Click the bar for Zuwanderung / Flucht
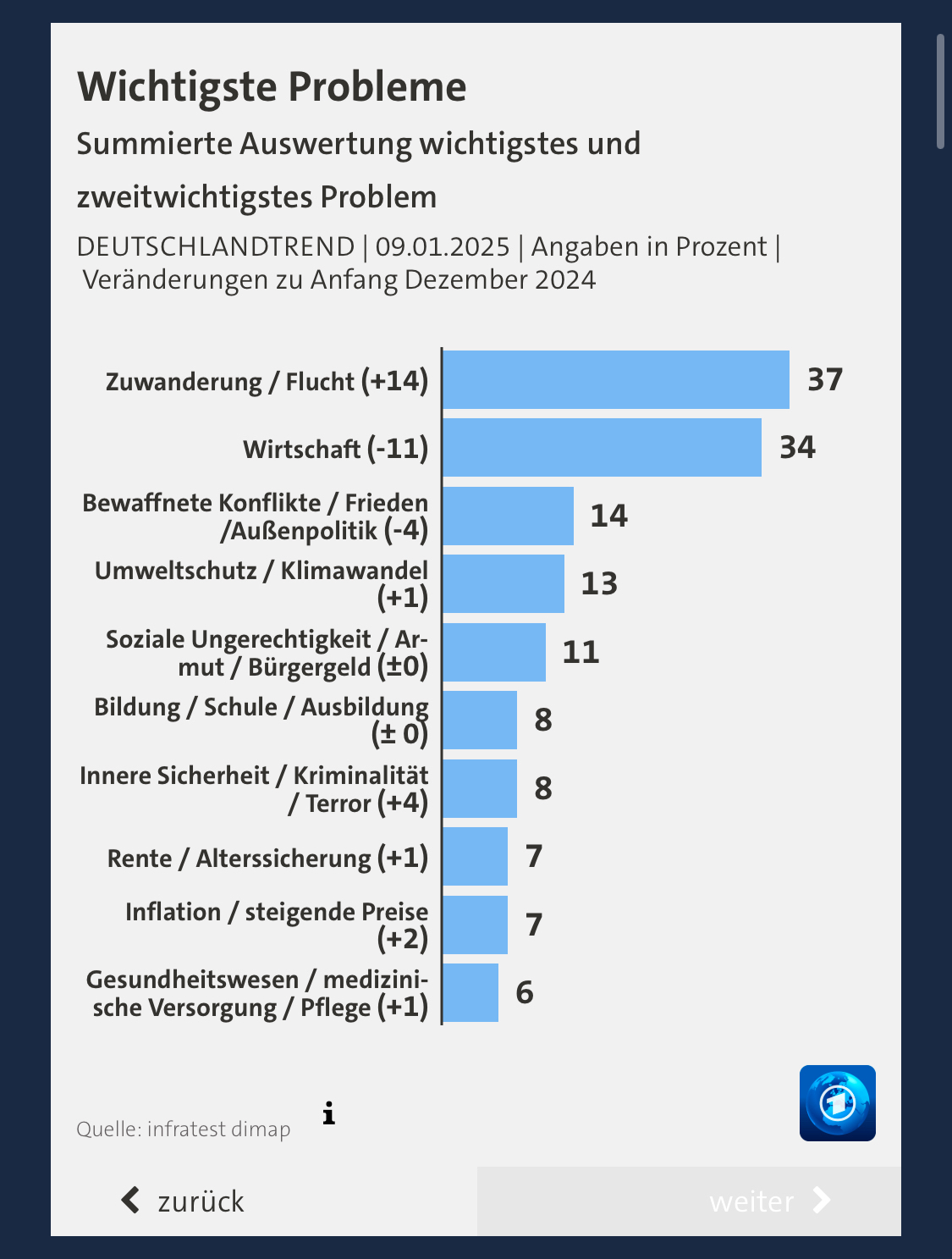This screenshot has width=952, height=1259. click(616, 380)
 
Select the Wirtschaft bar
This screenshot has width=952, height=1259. click(602, 448)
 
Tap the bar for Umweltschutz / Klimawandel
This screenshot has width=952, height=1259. click(504, 584)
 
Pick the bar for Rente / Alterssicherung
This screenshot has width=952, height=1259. click(475, 857)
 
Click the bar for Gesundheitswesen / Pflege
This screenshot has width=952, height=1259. click(470, 993)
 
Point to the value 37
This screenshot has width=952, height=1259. click(825, 380)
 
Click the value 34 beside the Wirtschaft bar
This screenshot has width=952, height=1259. click(797, 448)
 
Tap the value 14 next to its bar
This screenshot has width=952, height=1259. click(608, 516)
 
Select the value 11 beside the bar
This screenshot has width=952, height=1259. click(581, 653)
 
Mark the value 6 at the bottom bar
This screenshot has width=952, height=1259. click(525, 993)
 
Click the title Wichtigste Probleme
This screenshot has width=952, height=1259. click(272, 87)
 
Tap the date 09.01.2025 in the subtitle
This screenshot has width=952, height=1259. click(443, 247)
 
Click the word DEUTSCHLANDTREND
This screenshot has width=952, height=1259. click(216, 247)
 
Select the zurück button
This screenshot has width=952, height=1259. click(184, 1201)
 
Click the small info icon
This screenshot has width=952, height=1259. click(329, 1114)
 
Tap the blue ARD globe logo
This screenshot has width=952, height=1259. click(837, 1103)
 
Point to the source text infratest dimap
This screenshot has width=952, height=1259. click(218, 1129)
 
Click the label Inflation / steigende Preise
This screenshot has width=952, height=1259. click(277, 913)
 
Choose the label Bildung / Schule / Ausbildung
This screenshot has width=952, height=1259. click(261, 708)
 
